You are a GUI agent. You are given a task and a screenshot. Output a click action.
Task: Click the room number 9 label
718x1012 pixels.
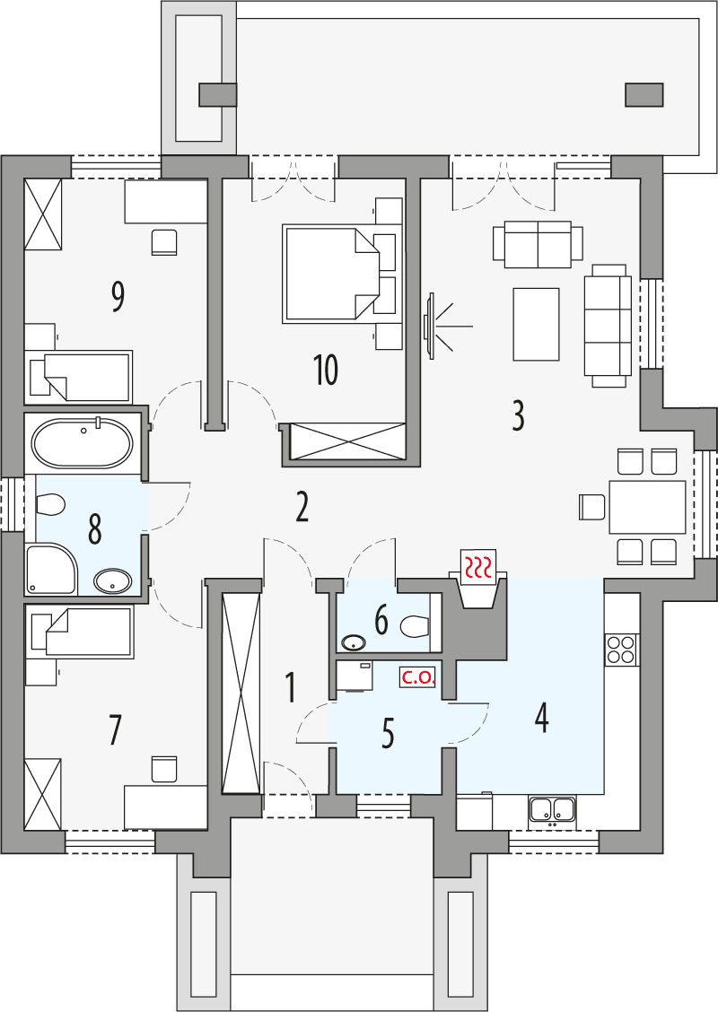pos(117,296)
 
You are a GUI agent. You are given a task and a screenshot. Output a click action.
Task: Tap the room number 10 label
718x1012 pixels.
pos(326,370)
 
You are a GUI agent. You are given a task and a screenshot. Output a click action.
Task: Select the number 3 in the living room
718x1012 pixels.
pos(518,415)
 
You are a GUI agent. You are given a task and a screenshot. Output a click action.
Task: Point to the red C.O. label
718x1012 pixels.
pos(418,678)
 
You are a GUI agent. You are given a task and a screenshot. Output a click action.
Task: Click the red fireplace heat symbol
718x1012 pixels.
pos(477,565)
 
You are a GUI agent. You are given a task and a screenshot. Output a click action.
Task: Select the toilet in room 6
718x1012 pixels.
pos(416,624)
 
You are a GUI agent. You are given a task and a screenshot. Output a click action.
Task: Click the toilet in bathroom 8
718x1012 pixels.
pos(50,505)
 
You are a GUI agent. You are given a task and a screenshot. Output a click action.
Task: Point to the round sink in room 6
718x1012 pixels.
pos(353,642)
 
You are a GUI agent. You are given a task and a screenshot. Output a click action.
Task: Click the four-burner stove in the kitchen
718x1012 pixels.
pos(621,649)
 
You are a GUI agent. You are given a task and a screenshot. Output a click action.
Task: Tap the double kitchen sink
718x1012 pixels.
pos(552,810)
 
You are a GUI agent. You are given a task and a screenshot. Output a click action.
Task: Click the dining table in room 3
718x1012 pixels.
pos(647,507)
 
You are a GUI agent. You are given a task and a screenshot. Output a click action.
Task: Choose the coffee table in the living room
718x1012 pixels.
pos(536,323)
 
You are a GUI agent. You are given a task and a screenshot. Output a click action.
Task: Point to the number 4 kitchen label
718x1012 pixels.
pos(541,717)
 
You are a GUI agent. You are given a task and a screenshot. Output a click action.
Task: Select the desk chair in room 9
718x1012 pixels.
pos(164,242)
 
